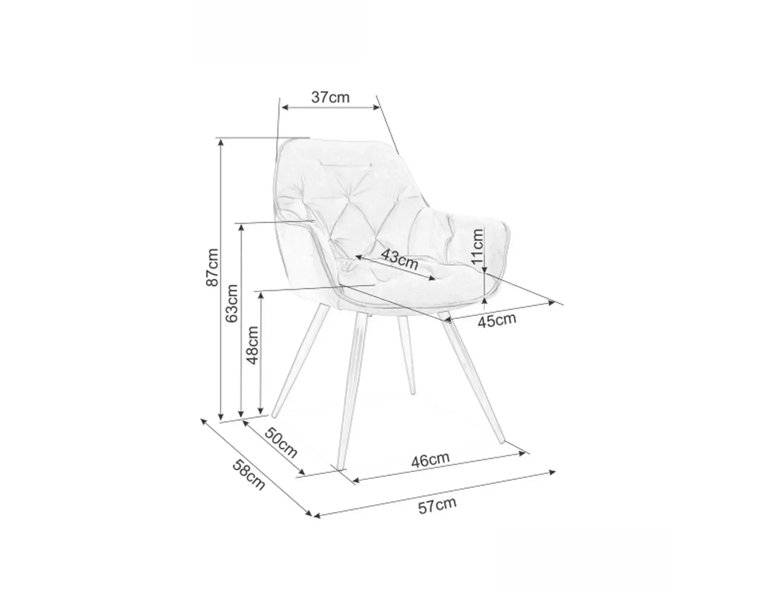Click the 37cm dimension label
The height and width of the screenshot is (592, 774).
click(330, 98)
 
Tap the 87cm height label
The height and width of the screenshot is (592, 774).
click(212, 267)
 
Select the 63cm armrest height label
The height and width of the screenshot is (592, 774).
click(232, 303)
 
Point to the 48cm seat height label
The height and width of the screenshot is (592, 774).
click(252, 345)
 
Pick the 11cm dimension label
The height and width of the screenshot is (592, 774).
click(478, 246)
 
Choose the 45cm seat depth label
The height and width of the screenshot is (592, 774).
click(497, 320)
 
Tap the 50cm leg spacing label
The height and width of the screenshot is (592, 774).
click(281, 443)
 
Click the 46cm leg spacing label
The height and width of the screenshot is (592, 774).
click(430, 460)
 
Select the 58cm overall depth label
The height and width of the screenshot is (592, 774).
click(249, 474)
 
